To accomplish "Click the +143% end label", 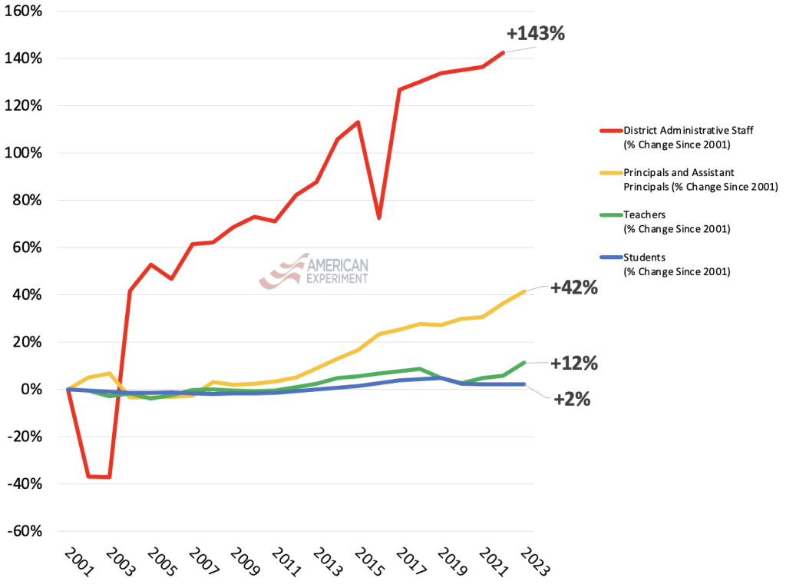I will [536, 34].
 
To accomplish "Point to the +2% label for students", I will [572, 399].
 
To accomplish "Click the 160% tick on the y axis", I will [25, 12].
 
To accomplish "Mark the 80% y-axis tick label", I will [28, 201].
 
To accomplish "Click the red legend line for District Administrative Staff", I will [609, 131].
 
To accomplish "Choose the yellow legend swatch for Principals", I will [609, 173].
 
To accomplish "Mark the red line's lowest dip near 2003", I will [110, 477].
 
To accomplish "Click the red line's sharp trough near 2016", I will [379, 218].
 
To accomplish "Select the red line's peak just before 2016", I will [358, 122].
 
